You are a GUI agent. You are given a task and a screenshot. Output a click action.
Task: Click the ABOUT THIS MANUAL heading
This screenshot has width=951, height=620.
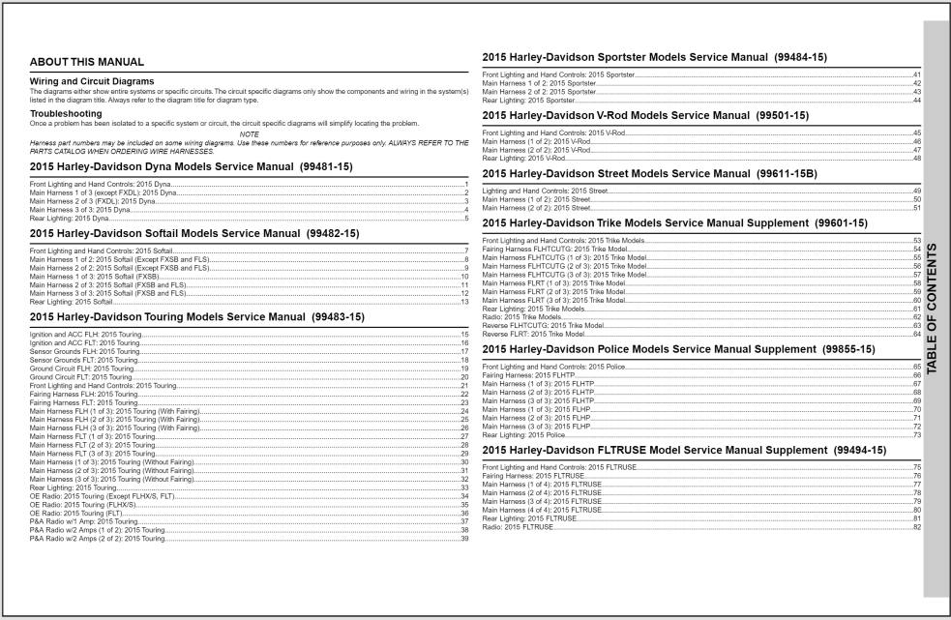pyautogui.click(x=87, y=63)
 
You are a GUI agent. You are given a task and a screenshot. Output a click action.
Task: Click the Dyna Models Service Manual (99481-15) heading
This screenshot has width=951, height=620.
pyautogui.click(x=192, y=167)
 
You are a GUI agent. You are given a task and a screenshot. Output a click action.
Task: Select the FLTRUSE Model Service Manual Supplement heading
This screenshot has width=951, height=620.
pyautogui.click(x=683, y=451)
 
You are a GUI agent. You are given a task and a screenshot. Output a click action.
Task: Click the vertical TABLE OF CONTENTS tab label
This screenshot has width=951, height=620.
pyautogui.click(x=936, y=310)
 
